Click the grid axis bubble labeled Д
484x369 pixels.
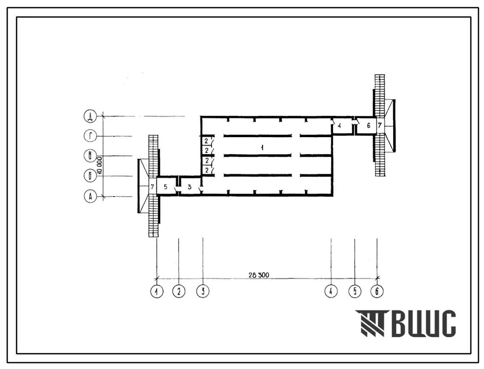90,117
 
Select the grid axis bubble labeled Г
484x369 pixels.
90,136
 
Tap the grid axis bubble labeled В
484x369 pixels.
90,155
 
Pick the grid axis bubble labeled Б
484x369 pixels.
90,176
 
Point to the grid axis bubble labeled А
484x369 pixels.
90,196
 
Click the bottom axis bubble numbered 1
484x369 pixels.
157,291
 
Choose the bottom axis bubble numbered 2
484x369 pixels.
179,291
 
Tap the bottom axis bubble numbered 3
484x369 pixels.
203,291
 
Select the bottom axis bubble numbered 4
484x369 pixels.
331,291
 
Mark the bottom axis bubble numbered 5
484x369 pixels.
355,291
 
